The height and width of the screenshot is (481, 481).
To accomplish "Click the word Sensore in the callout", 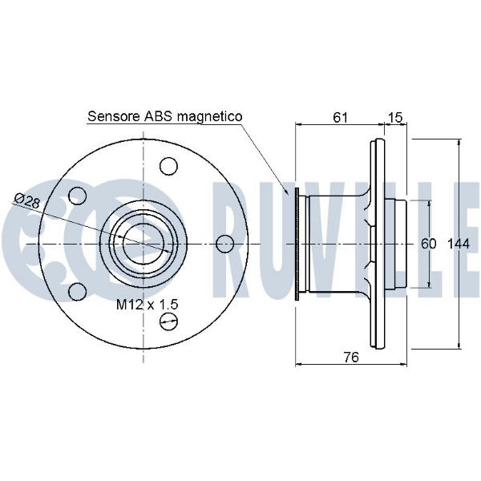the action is click(114, 116).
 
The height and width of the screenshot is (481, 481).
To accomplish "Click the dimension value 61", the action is click(340, 117).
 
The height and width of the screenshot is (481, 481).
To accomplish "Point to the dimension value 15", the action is click(395, 117).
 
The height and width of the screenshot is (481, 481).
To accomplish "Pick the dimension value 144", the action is click(459, 244).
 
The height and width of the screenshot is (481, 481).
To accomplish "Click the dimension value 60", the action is click(428, 244).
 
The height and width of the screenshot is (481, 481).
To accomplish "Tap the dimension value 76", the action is click(351, 357).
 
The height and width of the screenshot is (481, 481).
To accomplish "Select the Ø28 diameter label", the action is click(27, 201).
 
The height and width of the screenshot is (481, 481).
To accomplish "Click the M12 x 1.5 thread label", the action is click(147, 305).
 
